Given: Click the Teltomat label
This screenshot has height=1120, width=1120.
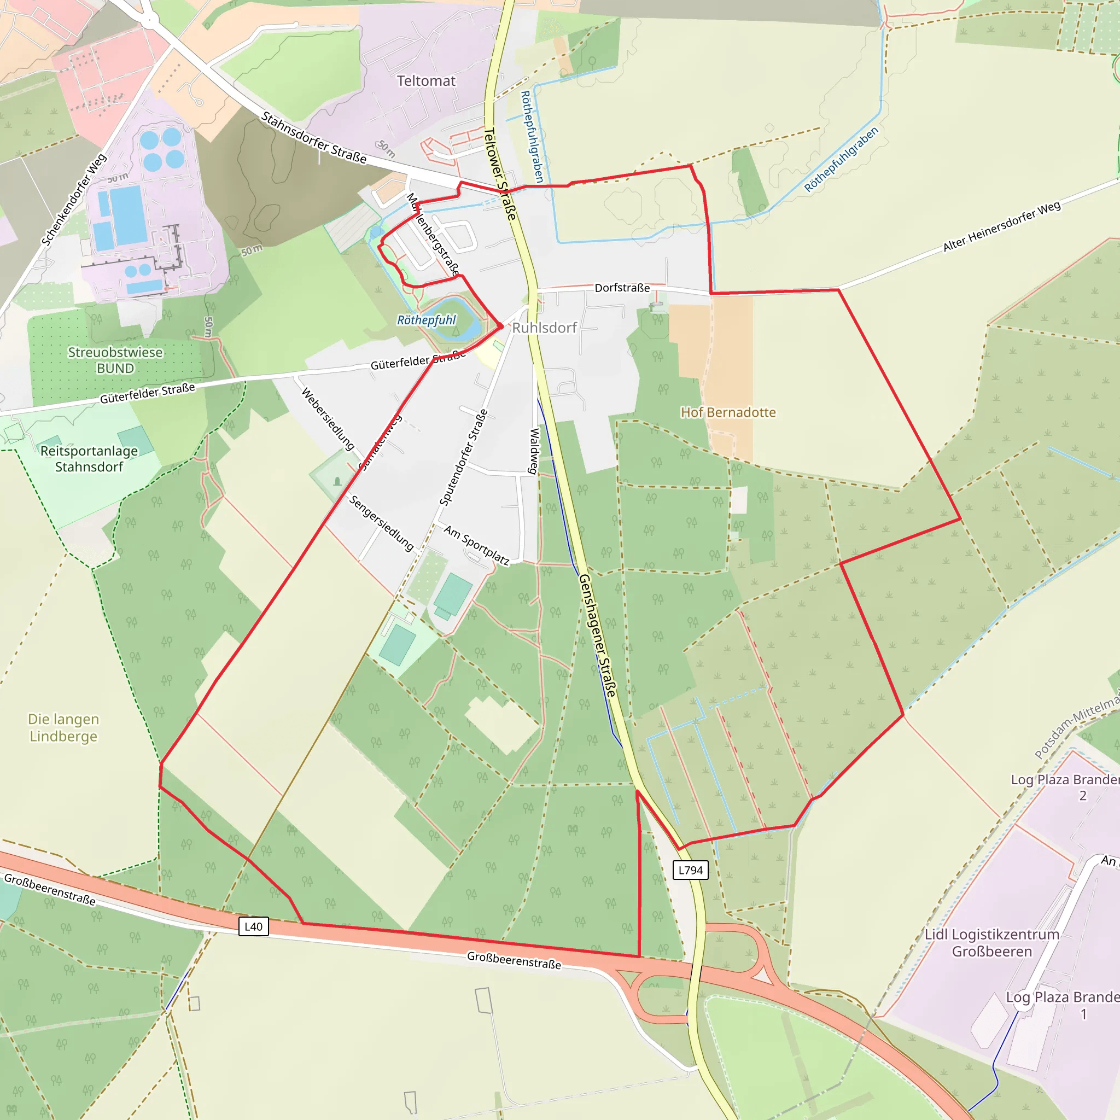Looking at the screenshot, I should point(426,81).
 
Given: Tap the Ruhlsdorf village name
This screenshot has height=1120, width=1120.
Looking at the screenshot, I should point(544,328).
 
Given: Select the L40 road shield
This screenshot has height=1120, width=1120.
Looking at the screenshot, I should point(253,926).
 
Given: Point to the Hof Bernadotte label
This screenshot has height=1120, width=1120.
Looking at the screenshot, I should point(728,412).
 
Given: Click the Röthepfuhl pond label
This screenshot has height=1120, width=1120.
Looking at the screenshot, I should point(426,320).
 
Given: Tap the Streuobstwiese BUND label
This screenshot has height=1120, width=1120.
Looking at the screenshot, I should point(115,360).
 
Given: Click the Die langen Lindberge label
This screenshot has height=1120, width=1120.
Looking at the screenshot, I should point(64,727).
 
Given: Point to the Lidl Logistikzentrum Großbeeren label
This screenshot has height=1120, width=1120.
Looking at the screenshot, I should point(992,943).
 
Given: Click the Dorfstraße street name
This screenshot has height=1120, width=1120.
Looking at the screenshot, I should point(622,288).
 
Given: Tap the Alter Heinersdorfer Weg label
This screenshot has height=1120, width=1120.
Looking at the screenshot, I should point(1002,226).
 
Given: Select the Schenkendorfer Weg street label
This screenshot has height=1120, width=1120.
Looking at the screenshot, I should point(74,200).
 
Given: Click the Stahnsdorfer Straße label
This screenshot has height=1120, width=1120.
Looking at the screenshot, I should point(313,138).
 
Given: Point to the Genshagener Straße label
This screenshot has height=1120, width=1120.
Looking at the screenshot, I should point(598,636).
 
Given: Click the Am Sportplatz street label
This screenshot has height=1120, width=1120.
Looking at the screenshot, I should point(476,545).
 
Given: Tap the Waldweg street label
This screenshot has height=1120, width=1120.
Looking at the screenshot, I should point(534,451).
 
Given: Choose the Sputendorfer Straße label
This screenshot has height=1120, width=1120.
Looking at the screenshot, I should point(464,457).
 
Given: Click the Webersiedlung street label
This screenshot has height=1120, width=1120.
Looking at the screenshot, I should point(328,418).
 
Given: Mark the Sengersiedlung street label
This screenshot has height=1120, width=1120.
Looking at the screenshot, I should point(382,523).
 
